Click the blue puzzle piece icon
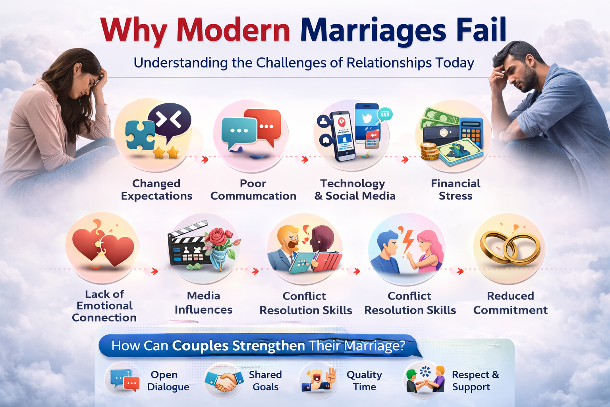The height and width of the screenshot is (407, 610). pos(140,135)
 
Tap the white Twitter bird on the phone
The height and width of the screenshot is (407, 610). pos(367,118)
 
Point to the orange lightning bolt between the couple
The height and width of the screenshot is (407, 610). pos(407,241)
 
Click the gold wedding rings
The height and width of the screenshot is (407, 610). pos(510,247)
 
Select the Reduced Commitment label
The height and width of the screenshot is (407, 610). pos(510,303)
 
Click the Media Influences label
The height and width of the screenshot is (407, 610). pos(203,303)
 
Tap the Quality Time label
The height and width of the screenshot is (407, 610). pos(364,381)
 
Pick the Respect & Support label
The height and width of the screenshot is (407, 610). pos(475,381)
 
